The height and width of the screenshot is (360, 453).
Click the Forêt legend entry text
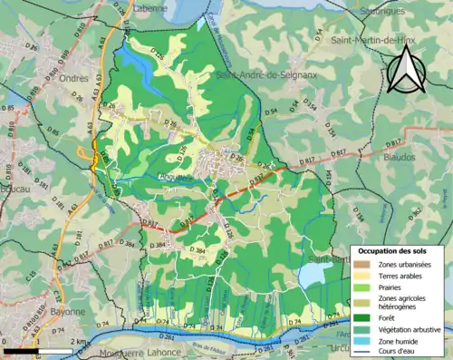click(x=383, y=317)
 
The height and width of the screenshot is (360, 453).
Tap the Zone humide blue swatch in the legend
click(x=361, y=342)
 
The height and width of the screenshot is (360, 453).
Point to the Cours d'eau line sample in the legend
click(x=361, y=354)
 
